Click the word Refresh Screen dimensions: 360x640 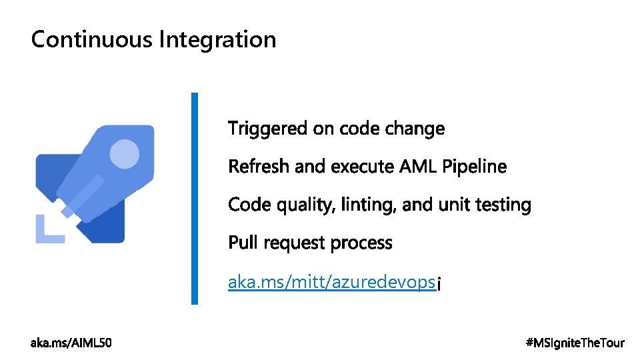pyautogui.click(x=259, y=166)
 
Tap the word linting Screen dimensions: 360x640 pyautogui.click(x=369, y=205)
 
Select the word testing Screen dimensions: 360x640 pyautogui.click(x=504, y=205)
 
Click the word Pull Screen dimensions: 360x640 pyautogui.click(x=243, y=243)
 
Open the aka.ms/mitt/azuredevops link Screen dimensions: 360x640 pyautogui.click(x=332, y=283)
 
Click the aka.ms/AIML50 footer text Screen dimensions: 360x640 pyautogui.click(x=72, y=343)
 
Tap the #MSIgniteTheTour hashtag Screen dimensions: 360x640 pyautogui.click(x=575, y=343)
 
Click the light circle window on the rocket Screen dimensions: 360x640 pyautogui.click(x=124, y=154)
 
